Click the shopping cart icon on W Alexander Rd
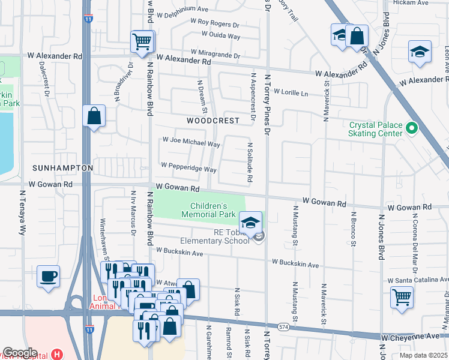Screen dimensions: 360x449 (142, 42)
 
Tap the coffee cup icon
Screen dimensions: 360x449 (49, 277)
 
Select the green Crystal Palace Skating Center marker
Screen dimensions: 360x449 (411, 128)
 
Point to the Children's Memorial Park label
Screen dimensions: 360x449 (209, 210)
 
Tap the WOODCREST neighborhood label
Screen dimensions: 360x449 (212, 121)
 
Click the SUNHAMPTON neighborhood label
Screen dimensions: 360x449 (62, 168)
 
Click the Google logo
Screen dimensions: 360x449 (20, 352)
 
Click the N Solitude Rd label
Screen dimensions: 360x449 (249, 162)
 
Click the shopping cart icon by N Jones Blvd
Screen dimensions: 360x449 (402, 296)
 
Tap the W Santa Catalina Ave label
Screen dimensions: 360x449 (417, 280)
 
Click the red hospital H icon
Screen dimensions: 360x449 (56, 354)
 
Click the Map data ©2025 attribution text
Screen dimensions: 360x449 (423, 355)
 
